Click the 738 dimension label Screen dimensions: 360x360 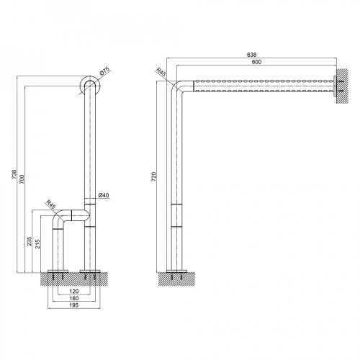click(14, 174)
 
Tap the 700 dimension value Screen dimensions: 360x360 click(22, 179)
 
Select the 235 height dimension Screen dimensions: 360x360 click(30, 241)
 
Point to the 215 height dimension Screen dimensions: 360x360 click(37, 244)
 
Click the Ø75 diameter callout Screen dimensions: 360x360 click(104, 71)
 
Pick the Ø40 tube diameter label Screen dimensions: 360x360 click(104, 195)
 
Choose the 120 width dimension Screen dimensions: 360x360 click(74, 291)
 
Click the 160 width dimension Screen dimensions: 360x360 click(74, 298)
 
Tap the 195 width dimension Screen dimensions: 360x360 click(74, 305)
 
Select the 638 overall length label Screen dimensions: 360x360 click(251, 55)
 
